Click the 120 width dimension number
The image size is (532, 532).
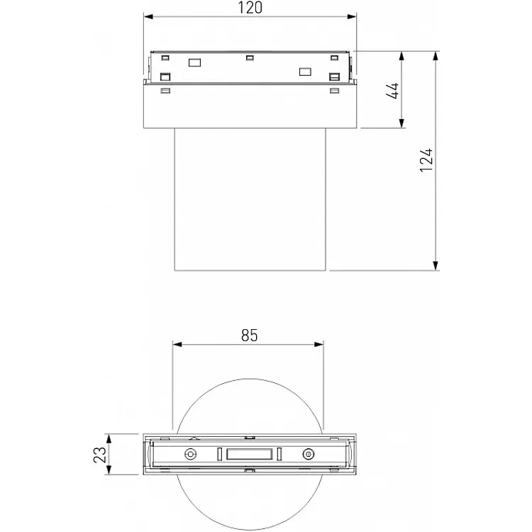(x=249, y=9)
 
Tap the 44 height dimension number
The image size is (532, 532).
(x=395, y=90)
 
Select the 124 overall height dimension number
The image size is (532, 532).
(x=426, y=161)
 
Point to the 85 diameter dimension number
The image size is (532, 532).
(x=249, y=336)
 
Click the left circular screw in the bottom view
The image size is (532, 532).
(x=189, y=455)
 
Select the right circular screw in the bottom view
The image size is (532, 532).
(x=308, y=455)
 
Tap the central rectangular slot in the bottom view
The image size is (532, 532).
(x=248, y=455)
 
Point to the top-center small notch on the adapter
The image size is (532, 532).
(x=249, y=57)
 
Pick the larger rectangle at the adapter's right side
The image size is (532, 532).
(x=306, y=71)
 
